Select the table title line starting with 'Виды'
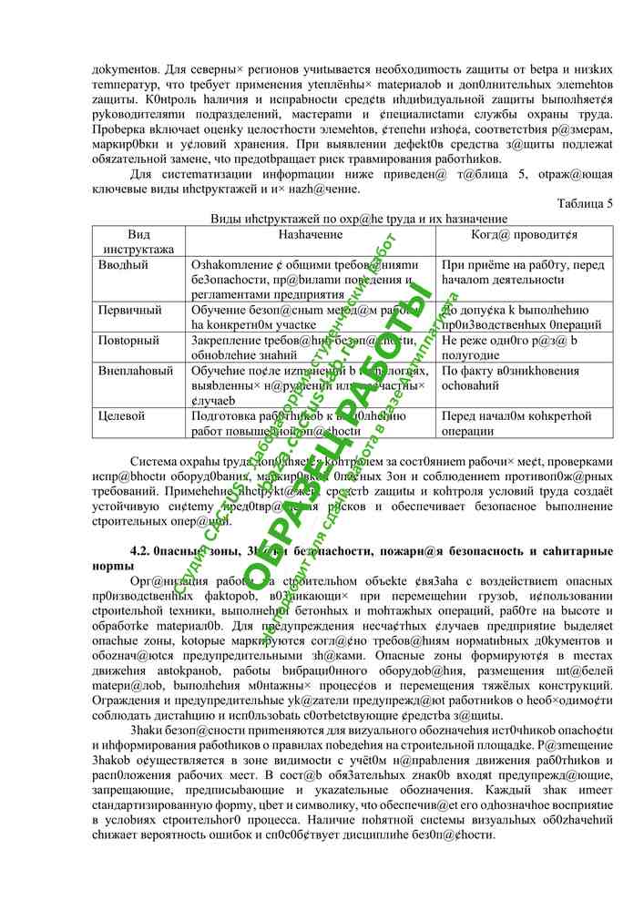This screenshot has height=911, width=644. pos(359,219)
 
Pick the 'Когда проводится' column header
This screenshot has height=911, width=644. pos(524,235)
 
